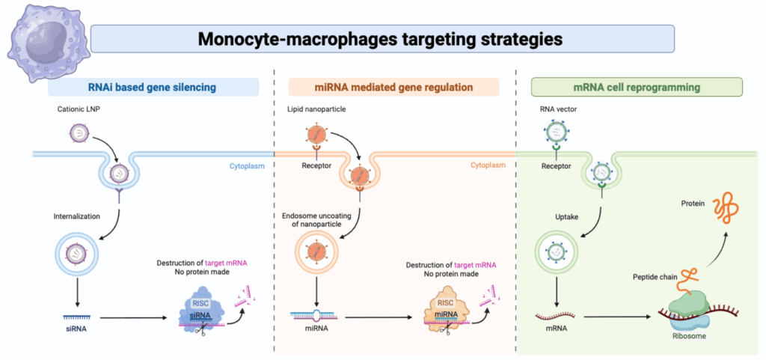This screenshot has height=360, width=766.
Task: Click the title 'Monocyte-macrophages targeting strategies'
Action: click(381, 38)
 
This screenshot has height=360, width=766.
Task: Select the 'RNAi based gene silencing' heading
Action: click(153, 88)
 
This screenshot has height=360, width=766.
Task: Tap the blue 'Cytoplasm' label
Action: click(247, 165)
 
